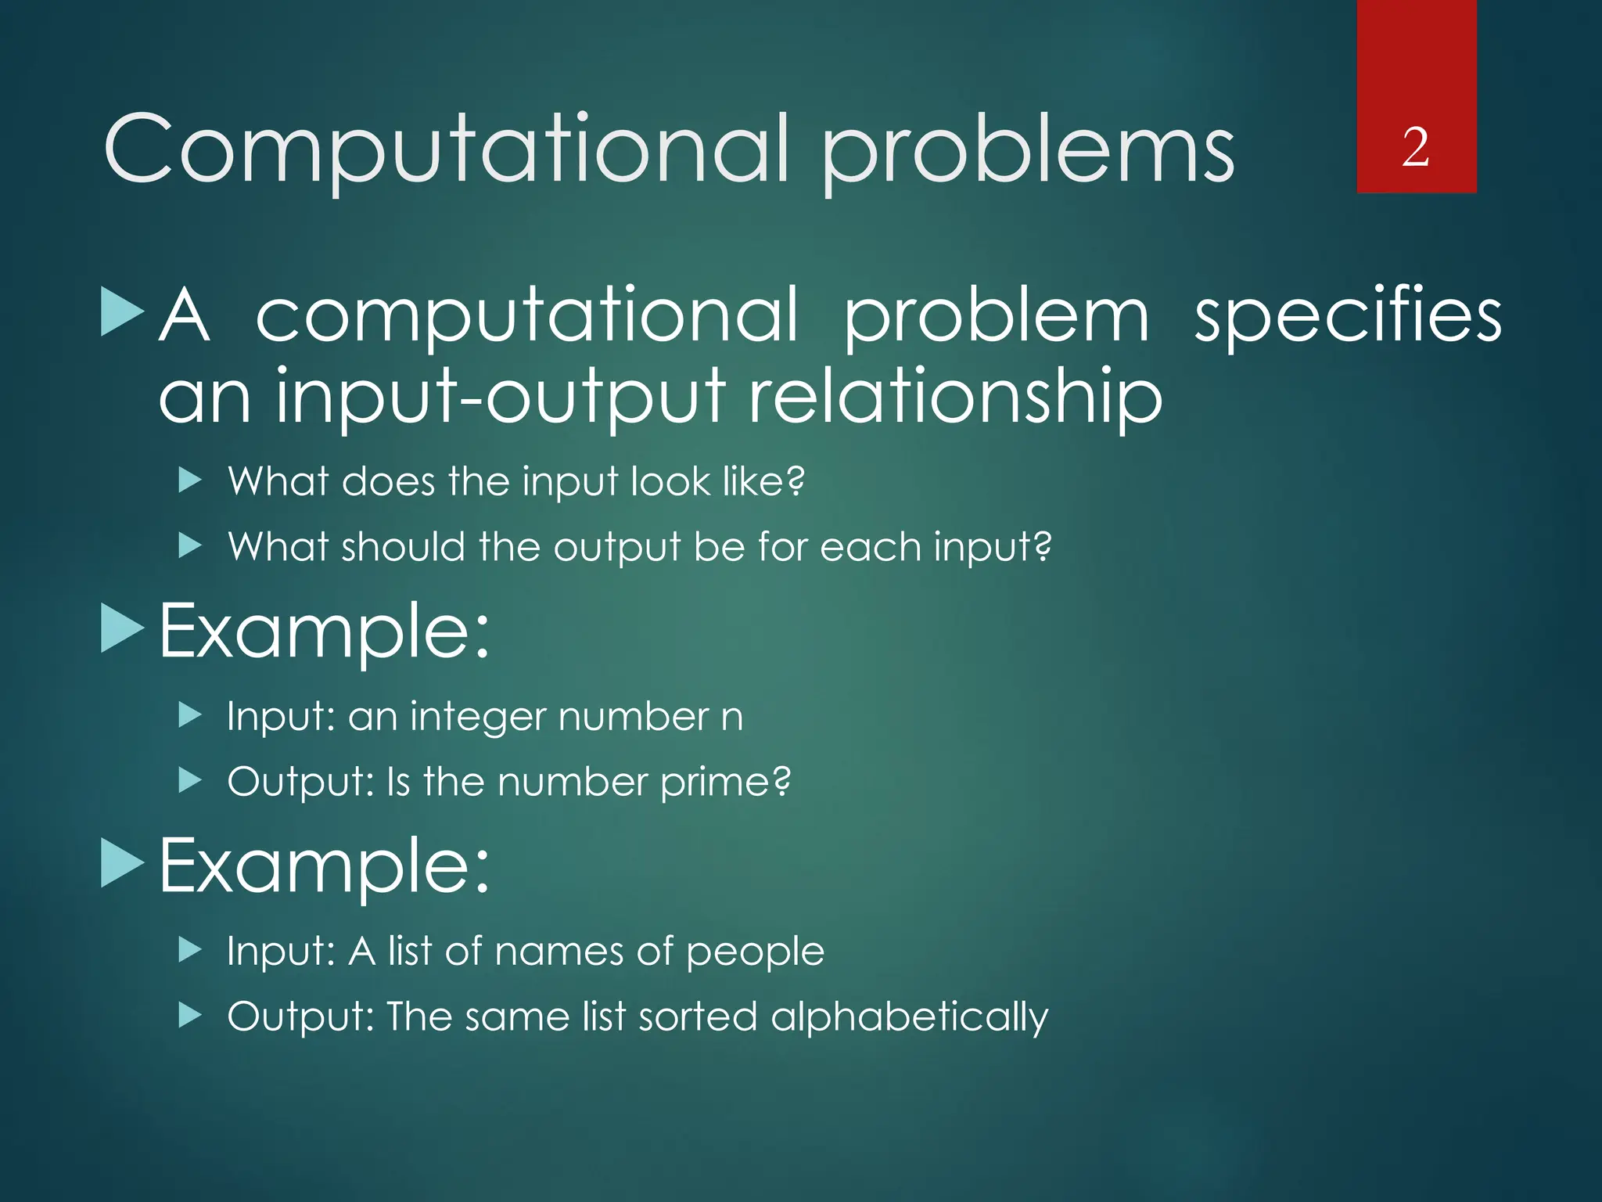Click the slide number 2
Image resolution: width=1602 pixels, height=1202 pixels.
click(1416, 147)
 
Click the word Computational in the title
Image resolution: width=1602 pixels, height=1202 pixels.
click(446, 150)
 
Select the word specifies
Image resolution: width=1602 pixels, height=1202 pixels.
click(1347, 316)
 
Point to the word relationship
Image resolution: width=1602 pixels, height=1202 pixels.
click(955, 398)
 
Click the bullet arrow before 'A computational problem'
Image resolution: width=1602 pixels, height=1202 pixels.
click(123, 311)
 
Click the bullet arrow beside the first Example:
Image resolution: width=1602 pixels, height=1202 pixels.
click(123, 629)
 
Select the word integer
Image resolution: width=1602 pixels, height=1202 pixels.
click(476, 717)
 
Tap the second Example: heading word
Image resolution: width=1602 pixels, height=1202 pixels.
click(324, 866)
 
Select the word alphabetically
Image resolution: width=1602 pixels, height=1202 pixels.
click(909, 1017)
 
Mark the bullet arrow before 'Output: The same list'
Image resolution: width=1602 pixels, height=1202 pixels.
click(190, 1016)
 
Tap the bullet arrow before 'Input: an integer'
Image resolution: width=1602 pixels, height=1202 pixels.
click(190, 715)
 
